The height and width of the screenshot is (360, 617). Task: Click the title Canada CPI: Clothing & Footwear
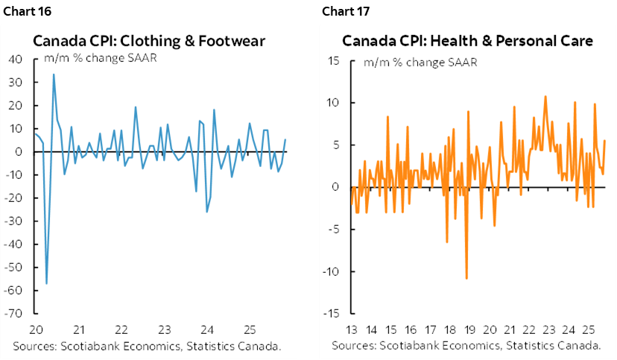pos(149,41)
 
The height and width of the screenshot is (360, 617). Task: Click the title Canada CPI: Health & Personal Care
pos(468,41)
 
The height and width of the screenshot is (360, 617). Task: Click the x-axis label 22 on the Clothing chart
pos(121,329)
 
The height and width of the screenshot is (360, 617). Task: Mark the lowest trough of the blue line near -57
pos(46,283)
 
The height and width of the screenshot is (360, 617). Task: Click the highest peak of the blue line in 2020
pos(53,74)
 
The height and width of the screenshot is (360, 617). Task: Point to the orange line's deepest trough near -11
pos(466,278)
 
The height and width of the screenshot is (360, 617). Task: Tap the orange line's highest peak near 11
pos(545,95)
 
